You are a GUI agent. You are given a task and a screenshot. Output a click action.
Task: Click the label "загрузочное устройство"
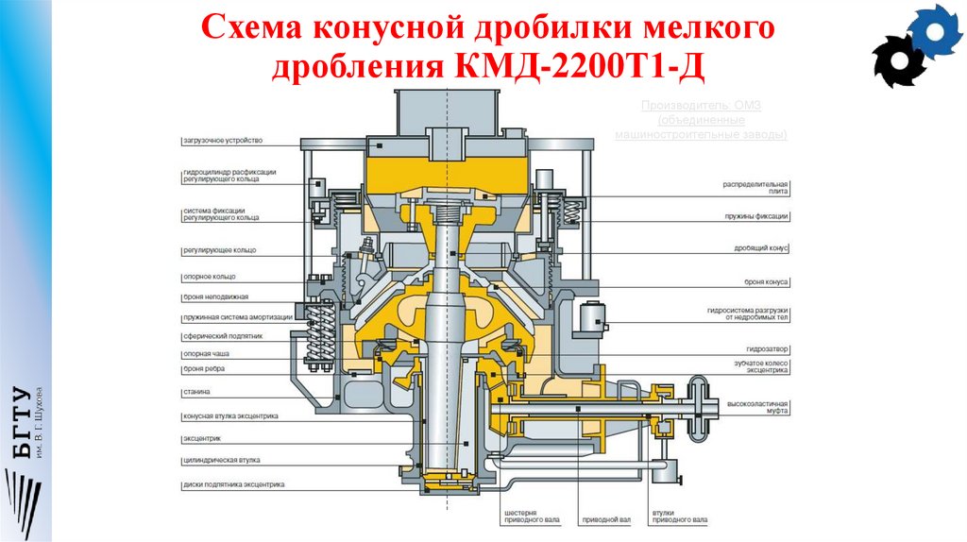222,141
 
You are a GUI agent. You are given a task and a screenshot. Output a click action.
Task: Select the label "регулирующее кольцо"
219,250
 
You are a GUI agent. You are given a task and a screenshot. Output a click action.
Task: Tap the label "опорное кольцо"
209,278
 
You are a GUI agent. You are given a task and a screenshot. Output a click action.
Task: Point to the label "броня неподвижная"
215,296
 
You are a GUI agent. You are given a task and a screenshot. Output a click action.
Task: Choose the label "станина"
197,391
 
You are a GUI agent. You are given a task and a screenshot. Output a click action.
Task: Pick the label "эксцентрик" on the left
202,439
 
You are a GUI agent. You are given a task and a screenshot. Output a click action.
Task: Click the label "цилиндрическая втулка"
222,460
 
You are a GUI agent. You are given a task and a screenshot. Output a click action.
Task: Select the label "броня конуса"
766,282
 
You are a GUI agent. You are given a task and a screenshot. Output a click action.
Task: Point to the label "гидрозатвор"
768,348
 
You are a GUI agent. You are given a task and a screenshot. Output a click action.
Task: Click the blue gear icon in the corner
934,31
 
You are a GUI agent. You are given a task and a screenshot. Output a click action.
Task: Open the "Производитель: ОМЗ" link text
701,106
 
